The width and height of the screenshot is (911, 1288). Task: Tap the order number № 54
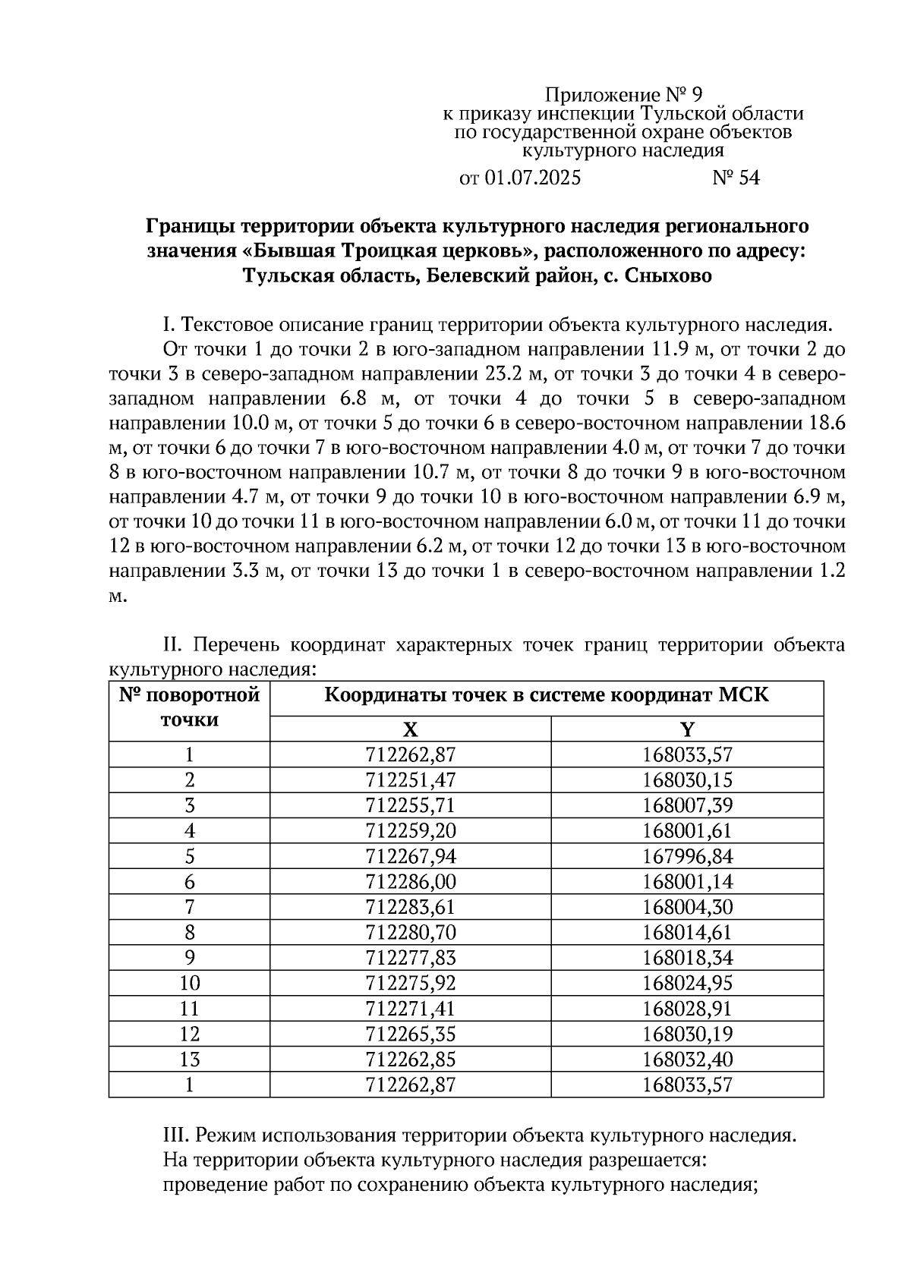coord(736,178)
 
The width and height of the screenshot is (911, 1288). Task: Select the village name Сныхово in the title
coord(669,276)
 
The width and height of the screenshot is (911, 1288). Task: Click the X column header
coord(410,730)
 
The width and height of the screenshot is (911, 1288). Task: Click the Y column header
coord(687,730)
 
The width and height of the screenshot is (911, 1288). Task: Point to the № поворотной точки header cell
coord(189,707)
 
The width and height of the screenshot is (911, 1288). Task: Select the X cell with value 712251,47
coord(410,780)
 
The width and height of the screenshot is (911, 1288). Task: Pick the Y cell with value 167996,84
coord(687,856)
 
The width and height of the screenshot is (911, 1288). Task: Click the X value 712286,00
coord(410,882)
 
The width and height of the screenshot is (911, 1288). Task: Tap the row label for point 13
coord(189,1060)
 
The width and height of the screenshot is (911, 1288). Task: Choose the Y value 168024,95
coord(687,984)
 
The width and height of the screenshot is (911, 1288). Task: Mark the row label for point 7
coord(189,907)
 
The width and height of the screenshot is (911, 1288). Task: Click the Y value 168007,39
coord(687,805)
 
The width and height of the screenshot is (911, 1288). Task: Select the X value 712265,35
coord(410,1034)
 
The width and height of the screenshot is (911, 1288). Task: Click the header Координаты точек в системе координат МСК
coord(547,695)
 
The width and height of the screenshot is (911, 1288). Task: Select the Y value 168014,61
coord(687,933)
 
